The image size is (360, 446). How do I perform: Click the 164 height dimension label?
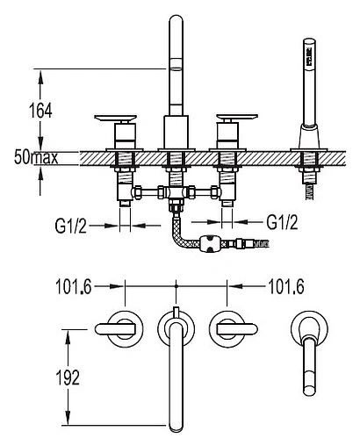click(40, 111)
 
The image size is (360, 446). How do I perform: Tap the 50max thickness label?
click(36, 158)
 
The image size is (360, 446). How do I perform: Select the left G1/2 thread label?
click(71, 225)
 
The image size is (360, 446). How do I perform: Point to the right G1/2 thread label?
click(282, 222)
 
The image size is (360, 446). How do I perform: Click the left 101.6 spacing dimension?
click(74, 286)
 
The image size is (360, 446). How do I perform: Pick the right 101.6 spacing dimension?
click(286, 286)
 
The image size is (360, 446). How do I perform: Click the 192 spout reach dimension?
click(68, 378)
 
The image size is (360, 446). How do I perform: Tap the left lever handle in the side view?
click(116, 118)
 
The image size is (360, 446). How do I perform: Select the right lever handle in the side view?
click(237, 118)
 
